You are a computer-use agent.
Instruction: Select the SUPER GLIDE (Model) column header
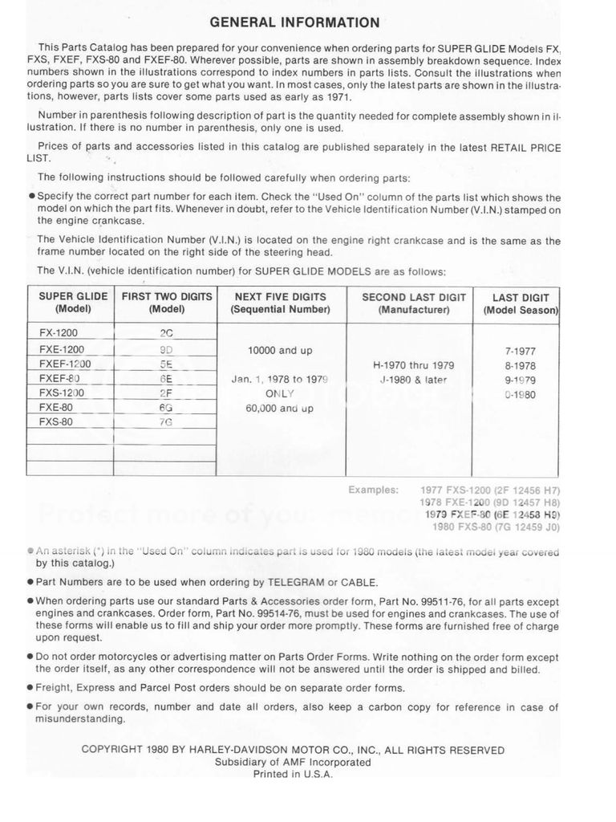[x=73, y=303]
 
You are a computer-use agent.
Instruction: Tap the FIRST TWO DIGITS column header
[x=167, y=303]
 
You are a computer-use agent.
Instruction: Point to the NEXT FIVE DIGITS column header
[x=280, y=303]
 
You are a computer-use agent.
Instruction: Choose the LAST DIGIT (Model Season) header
[x=521, y=303]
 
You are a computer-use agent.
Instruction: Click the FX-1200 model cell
[x=59, y=332]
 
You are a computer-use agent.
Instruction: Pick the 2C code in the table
[x=167, y=333]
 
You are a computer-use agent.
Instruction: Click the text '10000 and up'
[x=281, y=350]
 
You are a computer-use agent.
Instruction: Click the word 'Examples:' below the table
[x=373, y=489]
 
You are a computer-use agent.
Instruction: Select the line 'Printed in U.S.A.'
[x=293, y=775]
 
